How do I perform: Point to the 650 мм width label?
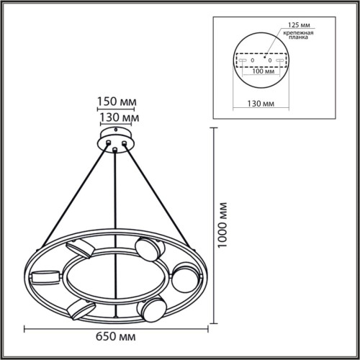click(117, 336)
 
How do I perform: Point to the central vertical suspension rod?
click(115, 216)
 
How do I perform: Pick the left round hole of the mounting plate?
click(252, 60)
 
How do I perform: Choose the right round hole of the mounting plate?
click(269, 60)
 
